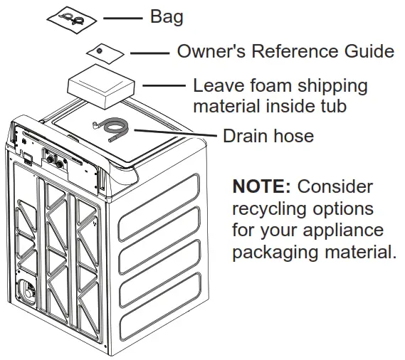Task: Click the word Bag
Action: pos(166,17)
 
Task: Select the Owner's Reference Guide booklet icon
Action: pos(105,53)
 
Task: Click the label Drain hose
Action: pos(268,135)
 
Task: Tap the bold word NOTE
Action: pos(261,187)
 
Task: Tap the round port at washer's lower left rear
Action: pos(26,292)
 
